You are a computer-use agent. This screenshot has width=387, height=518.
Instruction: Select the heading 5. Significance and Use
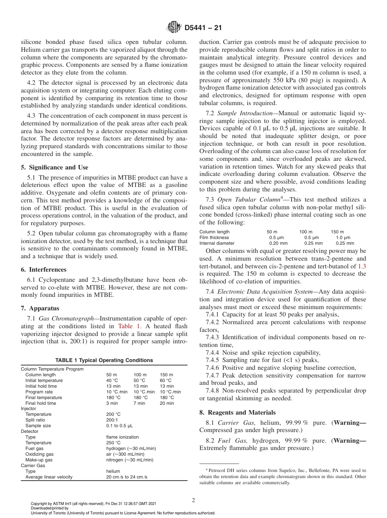click(x=54, y=167)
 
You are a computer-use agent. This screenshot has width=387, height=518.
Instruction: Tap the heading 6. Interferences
click(x=43, y=270)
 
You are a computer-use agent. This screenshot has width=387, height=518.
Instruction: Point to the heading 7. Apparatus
click(x=40, y=308)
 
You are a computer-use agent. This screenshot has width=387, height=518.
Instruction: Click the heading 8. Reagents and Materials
click(x=237, y=413)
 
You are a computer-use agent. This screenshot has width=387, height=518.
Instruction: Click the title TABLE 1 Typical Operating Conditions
click(x=104, y=360)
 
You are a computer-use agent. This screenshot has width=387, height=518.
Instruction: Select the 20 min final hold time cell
click(x=167, y=403)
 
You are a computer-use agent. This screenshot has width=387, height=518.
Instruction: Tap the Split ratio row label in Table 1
click(x=35, y=420)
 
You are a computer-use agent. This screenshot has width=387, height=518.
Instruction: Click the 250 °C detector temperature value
click(x=113, y=443)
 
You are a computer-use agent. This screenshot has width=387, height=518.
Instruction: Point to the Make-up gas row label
click(x=39, y=460)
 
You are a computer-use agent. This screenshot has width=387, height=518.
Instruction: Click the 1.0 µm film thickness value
click(x=343, y=237)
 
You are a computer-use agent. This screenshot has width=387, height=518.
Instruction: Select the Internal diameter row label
click(x=217, y=243)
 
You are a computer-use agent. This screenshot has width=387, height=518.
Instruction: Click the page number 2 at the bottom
click(x=193, y=500)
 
